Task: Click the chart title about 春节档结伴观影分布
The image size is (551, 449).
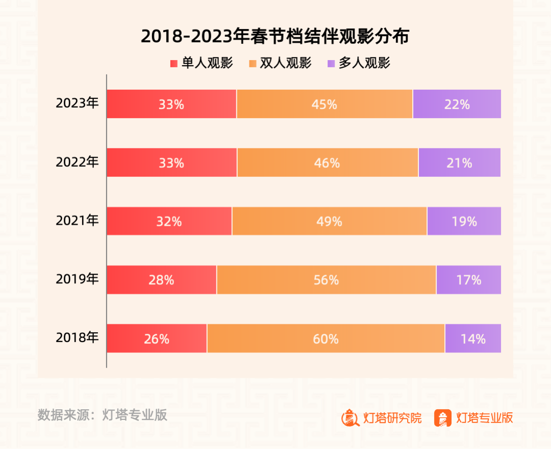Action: point(275,37)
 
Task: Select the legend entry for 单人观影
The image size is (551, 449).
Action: point(202,63)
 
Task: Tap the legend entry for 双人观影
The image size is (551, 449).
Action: point(280,63)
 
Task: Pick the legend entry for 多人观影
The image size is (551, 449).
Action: point(359,63)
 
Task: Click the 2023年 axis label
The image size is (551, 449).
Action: point(77,103)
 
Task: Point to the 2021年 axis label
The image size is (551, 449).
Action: point(77,221)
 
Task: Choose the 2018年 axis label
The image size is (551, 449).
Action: point(77,337)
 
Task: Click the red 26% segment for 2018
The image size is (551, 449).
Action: point(157,338)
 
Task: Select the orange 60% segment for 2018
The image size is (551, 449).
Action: point(325,338)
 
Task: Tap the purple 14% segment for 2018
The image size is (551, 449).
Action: point(473,338)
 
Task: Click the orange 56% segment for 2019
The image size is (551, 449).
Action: point(326,280)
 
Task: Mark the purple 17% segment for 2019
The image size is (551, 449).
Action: point(468,280)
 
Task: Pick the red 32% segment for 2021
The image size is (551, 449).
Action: point(169,221)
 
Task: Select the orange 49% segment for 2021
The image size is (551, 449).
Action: point(329,221)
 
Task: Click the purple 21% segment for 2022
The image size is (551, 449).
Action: point(459,163)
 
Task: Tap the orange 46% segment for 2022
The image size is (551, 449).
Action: point(328,163)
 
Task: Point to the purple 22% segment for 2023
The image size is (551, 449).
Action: point(457,104)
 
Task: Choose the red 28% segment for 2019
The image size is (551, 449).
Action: point(162,280)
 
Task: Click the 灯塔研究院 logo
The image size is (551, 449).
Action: point(382,418)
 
